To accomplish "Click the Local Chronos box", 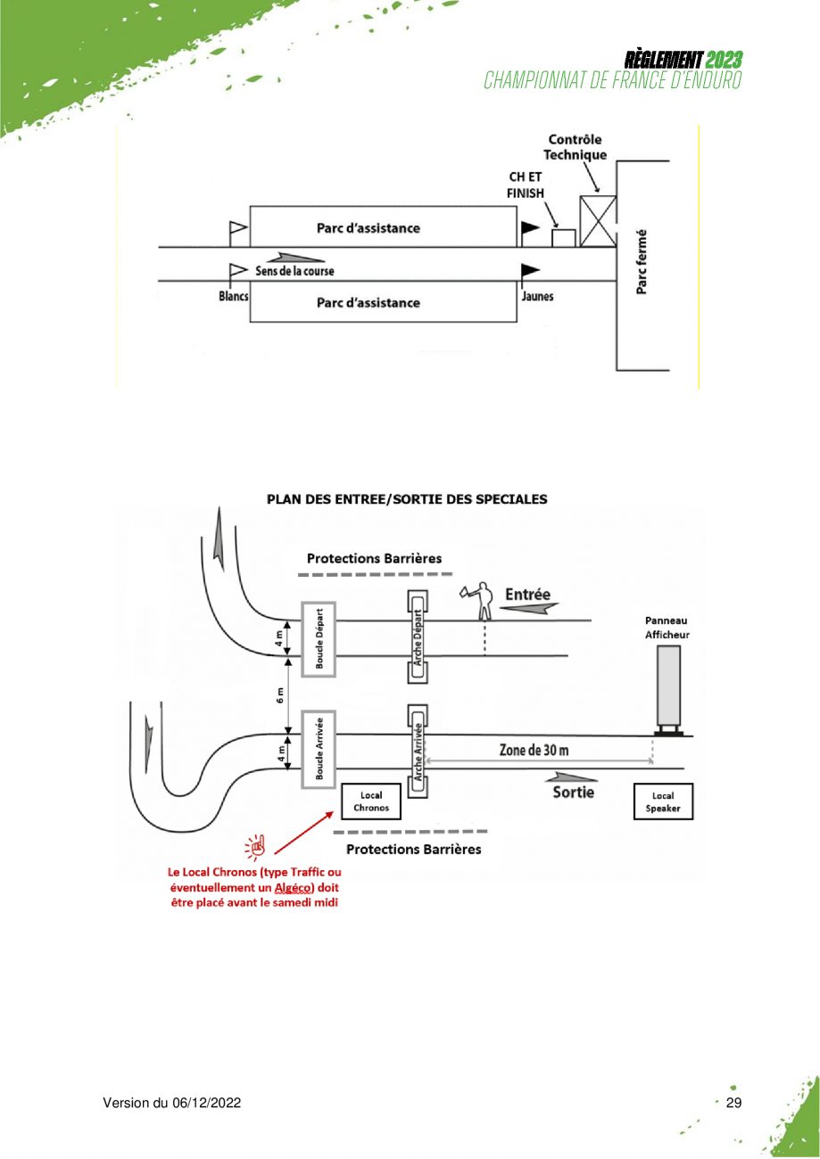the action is pos(370,801).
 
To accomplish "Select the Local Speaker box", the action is pos(663,801).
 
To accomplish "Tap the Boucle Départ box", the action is pos(319,639).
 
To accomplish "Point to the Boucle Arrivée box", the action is pos(319,749).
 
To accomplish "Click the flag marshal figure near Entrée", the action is pos(479,601).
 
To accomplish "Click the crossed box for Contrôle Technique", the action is pos(598,221).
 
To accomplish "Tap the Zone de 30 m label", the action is pos(534,750).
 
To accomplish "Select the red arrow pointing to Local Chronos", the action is pos(304,832).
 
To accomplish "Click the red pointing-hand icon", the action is pos(255,847).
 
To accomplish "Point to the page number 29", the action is pos(733,1103).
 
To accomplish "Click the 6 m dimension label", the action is pos(280,695).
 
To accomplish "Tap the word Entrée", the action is pos(527,594).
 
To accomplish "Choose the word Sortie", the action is pos(573,793).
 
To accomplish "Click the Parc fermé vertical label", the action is pos(641,262).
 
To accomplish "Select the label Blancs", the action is pos(234,296).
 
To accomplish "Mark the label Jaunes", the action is pos(537,296).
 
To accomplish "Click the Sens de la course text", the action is pos(294,271).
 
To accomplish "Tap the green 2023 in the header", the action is pos(724,60).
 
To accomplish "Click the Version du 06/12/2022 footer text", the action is pos(172,1103).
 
